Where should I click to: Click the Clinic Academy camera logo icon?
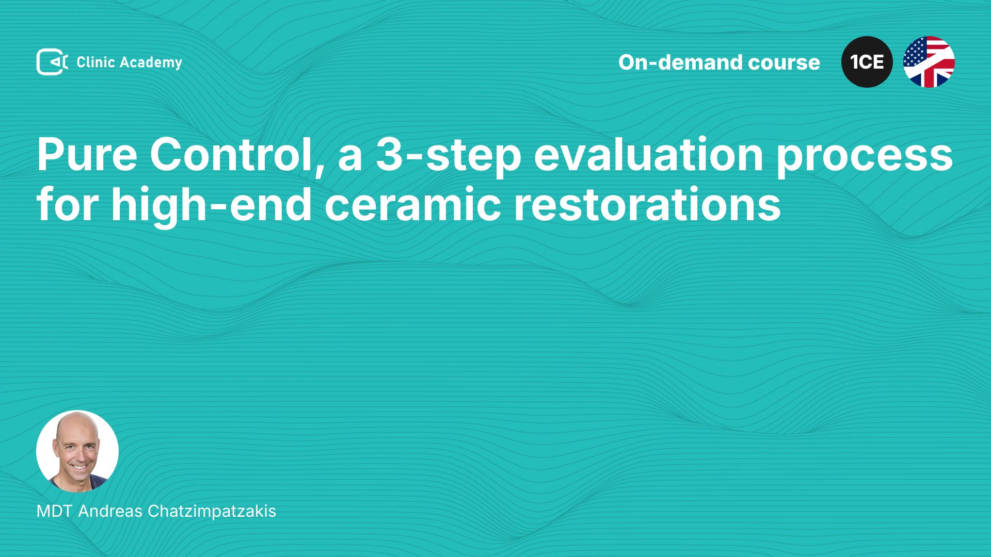[52, 62]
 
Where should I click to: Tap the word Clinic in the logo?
[95, 62]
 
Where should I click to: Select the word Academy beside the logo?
[151, 63]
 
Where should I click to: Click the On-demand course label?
[719, 62]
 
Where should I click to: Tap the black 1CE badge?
[867, 62]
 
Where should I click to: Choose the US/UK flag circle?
[929, 62]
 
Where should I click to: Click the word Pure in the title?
[87, 155]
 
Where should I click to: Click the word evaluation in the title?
[649, 155]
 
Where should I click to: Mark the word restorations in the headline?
[647, 205]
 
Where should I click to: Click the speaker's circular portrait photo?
[77, 451]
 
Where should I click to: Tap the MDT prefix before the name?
[54, 511]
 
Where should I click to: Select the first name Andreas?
[110, 511]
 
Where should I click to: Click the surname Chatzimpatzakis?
[212, 512]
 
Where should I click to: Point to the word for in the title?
[68, 204]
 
